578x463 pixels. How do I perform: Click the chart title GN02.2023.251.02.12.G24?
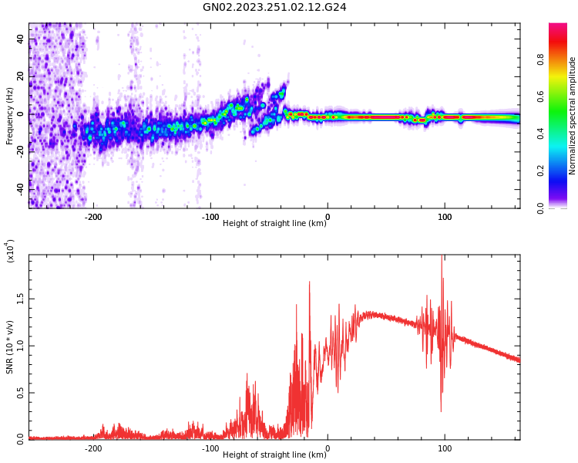(x=274, y=8)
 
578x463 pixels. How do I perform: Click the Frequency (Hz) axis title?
(x=10, y=116)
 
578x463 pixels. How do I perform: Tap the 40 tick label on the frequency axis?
(x=20, y=38)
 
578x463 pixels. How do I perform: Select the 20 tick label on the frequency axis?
(x=20, y=76)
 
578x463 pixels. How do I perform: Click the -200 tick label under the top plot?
(x=93, y=217)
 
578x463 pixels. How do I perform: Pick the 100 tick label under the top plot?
(x=445, y=217)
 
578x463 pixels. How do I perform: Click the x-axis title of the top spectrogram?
(x=274, y=224)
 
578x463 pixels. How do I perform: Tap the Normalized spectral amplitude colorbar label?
(x=573, y=116)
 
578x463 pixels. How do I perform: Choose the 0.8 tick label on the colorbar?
(x=563, y=59)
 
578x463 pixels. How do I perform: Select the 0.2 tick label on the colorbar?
(x=563, y=171)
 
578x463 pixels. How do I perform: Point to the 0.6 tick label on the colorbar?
(x=563, y=96)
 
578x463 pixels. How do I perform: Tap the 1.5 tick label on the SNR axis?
(x=20, y=299)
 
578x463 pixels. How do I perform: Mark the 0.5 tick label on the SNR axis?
(x=20, y=392)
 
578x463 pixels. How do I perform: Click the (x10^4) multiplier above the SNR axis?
(x=11, y=251)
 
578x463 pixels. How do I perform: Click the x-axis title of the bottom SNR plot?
(x=274, y=455)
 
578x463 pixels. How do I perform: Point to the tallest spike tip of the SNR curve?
(x=442, y=257)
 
